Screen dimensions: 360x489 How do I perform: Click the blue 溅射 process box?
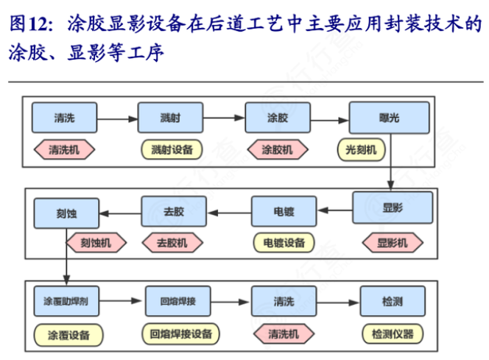[x=170, y=118]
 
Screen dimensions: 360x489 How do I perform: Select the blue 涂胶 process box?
[x=277, y=118]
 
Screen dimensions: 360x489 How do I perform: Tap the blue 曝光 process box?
[x=388, y=118]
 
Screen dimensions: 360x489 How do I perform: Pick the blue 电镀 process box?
[x=284, y=211]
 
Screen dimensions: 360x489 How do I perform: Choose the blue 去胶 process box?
[x=173, y=211]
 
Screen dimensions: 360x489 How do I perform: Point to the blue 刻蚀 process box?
[x=66, y=213]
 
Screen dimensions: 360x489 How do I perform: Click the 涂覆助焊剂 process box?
[x=66, y=301]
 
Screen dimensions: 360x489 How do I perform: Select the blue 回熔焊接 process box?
[x=177, y=301]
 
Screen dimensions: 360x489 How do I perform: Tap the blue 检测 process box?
[x=392, y=301]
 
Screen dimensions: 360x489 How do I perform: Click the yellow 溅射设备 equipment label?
[x=172, y=149]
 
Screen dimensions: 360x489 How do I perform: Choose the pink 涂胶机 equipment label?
[x=277, y=149]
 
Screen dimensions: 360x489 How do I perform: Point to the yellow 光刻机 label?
[x=361, y=149]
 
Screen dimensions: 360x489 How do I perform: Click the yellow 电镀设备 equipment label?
[x=284, y=242]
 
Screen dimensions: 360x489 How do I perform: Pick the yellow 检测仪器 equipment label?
[x=393, y=334]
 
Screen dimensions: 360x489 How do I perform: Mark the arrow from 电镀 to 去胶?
[x=228, y=212]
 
